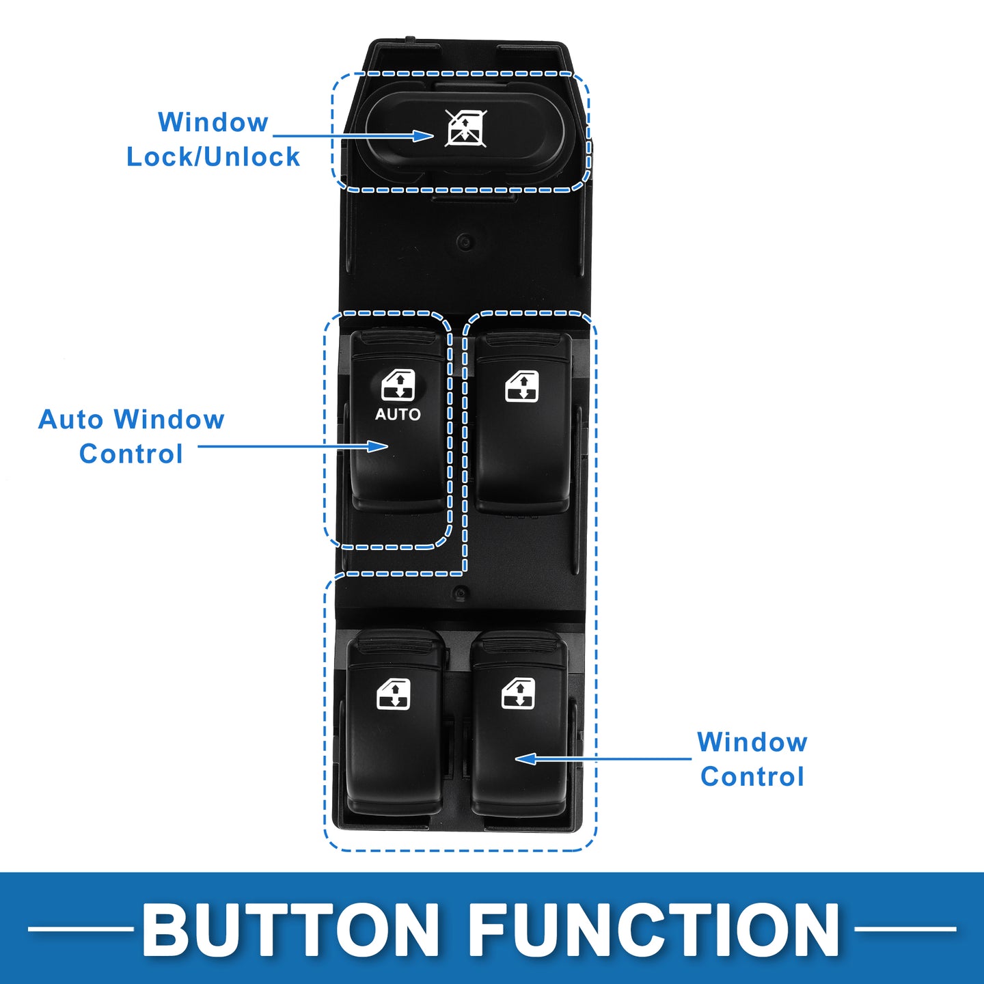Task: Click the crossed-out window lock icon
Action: point(465,128)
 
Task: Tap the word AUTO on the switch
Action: point(398,414)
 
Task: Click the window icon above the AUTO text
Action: point(398,385)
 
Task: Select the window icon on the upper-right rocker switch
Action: point(522,387)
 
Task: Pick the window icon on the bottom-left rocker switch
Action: point(394,694)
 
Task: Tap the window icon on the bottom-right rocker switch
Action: point(519,694)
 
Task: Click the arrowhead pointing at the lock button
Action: point(424,136)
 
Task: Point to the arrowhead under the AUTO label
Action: point(378,446)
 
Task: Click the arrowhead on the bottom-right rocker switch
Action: point(525,758)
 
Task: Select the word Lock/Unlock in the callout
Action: point(213,157)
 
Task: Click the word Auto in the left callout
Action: point(72,420)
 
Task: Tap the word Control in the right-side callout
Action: point(752,777)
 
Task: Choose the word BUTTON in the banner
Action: point(291,930)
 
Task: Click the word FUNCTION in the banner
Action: point(654,930)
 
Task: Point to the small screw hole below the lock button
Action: point(465,241)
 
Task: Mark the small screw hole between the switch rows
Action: point(460,592)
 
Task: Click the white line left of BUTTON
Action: point(81,929)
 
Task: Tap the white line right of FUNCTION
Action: point(905,929)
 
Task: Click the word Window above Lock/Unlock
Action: point(213,123)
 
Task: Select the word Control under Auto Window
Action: point(131,454)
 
